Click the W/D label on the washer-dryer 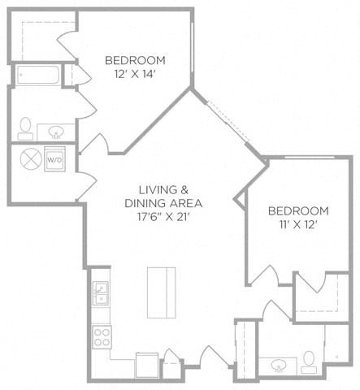click(54, 160)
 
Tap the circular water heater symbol click(31, 159)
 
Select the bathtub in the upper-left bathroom click(38, 75)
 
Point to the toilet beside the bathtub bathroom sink click(25, 129)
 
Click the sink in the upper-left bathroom click(56, 132)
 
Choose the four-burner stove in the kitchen click(102, 337)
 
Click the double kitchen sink click(101, 293)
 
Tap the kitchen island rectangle click(162, 292)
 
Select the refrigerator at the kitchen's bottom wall click(147, 365)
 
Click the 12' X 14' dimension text click(134, 74)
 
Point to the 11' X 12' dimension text click(298, 224)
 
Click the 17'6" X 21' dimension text click(163, 217)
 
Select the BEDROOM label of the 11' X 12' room click(298, 211)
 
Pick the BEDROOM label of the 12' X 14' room click(135, 60)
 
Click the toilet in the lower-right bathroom click(309, 362)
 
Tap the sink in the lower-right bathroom click(279, 366)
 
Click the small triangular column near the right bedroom click(241, 200)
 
